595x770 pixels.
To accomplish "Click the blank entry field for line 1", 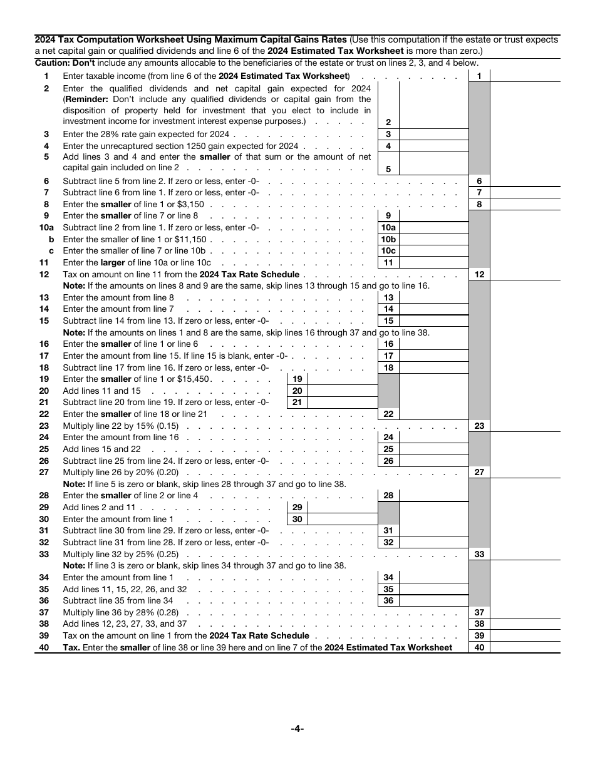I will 525,76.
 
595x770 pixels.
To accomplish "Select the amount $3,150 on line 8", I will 191,205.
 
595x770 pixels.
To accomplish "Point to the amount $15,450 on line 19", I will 196,379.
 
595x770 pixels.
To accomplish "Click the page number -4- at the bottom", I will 297,728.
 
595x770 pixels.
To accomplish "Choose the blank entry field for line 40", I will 525,648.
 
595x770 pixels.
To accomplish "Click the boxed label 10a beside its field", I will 388,228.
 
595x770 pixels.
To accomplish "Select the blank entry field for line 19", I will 343,379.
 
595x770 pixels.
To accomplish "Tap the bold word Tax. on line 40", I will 71,648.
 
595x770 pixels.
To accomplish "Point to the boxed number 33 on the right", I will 479,555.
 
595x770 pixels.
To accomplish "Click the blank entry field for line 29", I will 343,508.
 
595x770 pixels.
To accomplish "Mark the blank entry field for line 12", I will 525,275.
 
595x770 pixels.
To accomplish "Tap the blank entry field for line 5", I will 433,163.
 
